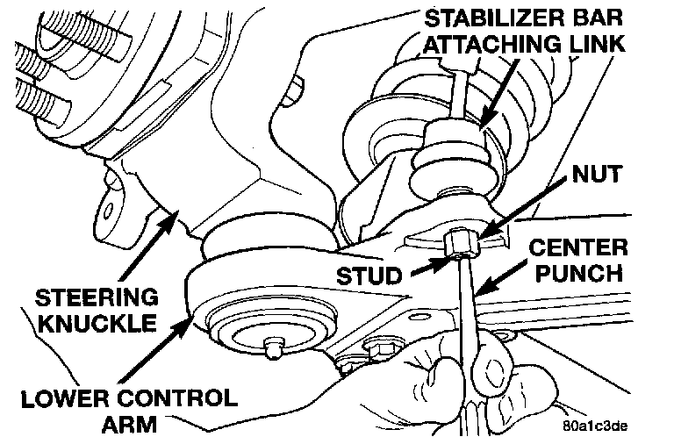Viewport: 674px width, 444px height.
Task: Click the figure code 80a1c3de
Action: (595, 427)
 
